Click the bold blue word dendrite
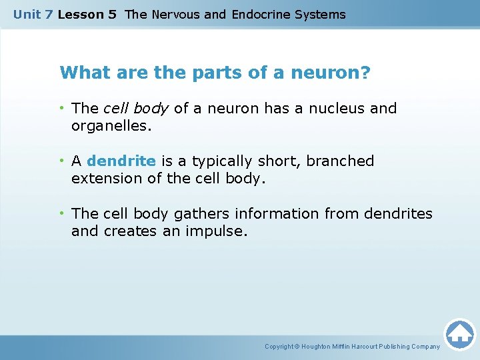click(121, 161)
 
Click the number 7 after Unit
click(48, 14)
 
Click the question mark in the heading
click(365, 73)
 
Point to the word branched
click(340, 161)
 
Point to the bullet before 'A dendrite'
click(62, 161)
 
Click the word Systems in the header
click(323, 14)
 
